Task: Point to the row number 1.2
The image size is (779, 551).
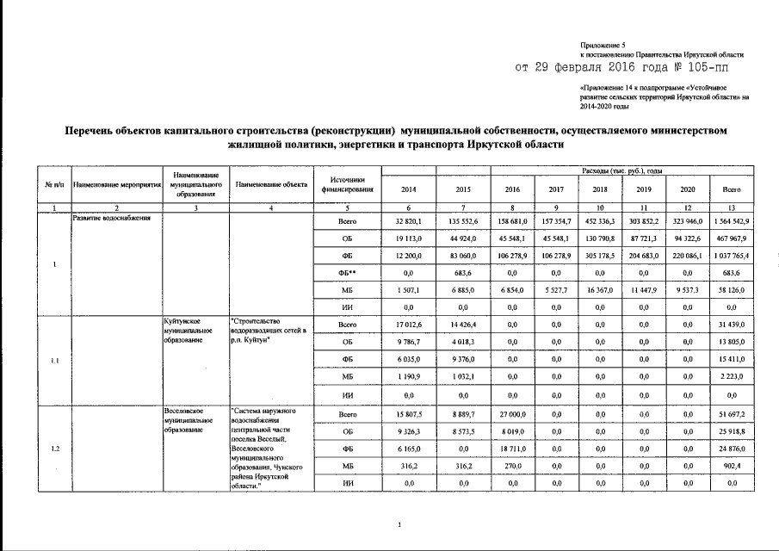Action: coord(53,449)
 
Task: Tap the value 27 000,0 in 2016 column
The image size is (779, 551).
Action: coord(512,415)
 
